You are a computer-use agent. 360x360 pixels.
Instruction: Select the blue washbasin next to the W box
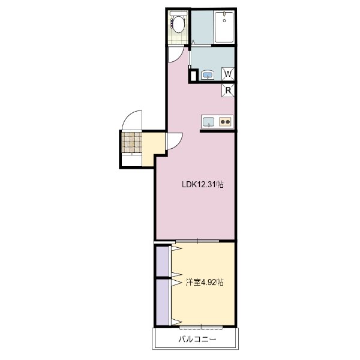[x=208, y=75]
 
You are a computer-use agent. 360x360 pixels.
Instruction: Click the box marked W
[x=229, y=74]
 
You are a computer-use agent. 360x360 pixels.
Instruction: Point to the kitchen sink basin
[x=208, y=122]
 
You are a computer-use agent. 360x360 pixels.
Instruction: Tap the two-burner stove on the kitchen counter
[x=226, y=122]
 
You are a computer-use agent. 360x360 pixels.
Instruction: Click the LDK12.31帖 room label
[x=203, y=185]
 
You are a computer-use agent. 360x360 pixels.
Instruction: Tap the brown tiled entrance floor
[x=132, y=142]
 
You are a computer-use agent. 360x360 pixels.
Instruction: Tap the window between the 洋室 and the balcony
[x=201, y=326]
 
